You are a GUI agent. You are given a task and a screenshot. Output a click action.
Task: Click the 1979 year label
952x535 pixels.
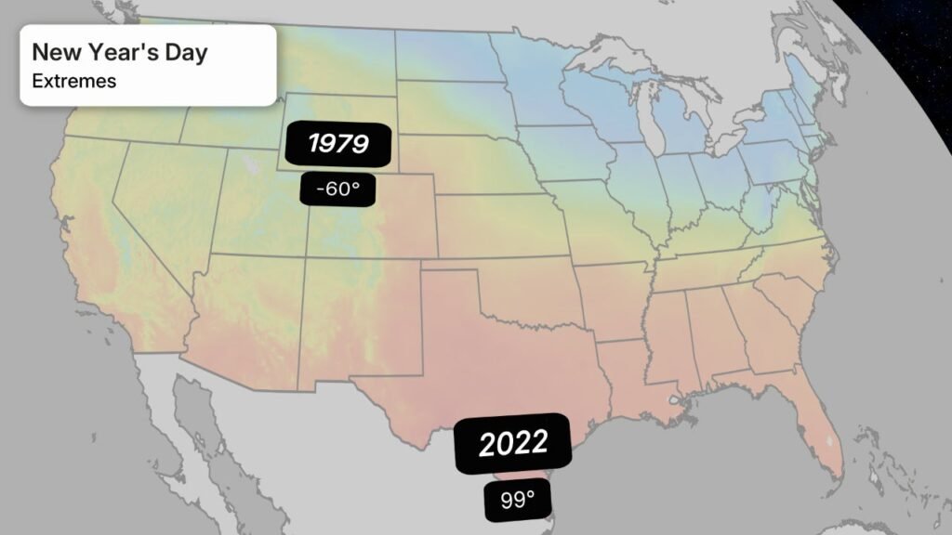click(338, 144)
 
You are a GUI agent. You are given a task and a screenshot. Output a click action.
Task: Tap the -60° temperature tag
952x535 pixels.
click(337, 189)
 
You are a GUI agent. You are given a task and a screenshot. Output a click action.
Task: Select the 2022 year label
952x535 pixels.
click(512, 444)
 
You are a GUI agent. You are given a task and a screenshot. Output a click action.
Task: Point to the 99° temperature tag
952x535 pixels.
click(518, 500)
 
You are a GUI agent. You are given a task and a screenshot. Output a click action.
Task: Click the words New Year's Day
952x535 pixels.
click(120, 52)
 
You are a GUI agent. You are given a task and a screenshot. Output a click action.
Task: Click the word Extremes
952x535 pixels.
click(74, 81)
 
